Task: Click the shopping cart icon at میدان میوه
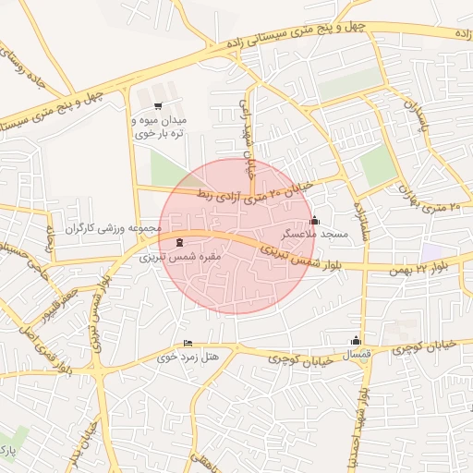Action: (158, 105)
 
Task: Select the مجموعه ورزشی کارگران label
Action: (113, 227)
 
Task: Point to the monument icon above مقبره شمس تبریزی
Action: (178, 242)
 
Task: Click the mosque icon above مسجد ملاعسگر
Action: (314, 221)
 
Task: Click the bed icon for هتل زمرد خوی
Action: (188, 343)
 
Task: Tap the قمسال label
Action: (358, 355)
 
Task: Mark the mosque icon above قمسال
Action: (356, 340)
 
